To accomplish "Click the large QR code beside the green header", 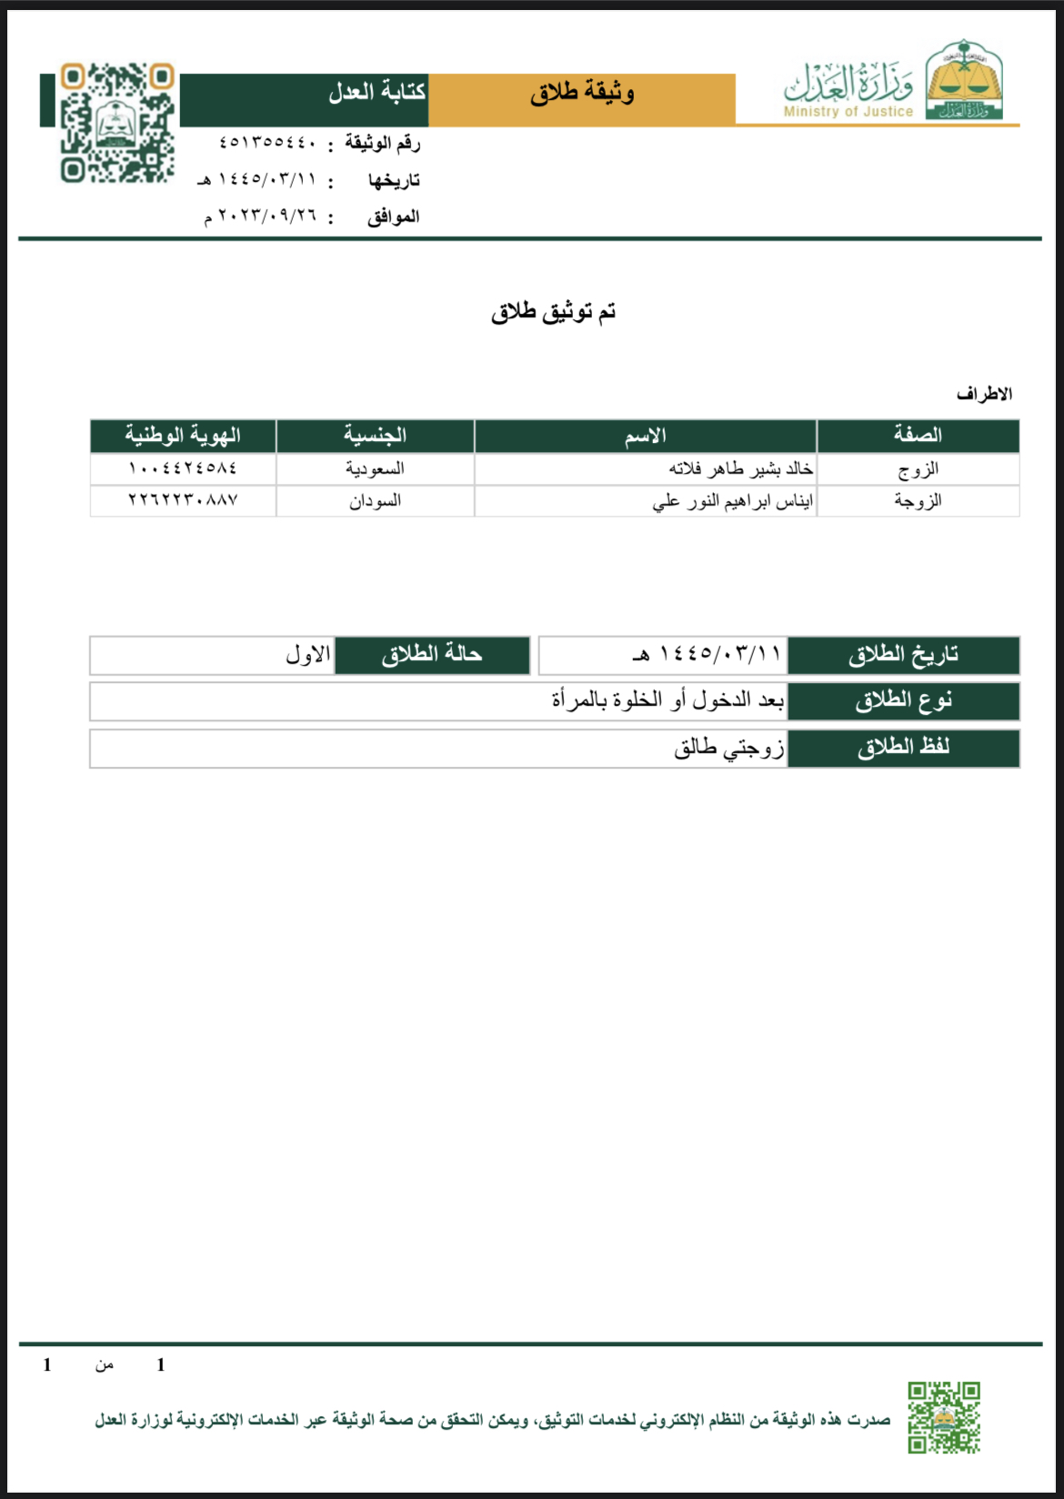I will click(x=117, y=123).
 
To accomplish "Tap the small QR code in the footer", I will click(x=943, y=1417).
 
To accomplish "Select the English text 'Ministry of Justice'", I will click(x=848, y=112).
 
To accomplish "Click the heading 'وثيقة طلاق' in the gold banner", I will click(x=582, y=93).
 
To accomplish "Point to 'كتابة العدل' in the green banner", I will click(x=376, y=92).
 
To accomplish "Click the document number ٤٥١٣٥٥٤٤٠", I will click(x=267, y=143).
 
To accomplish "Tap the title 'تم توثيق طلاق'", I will click(x=553, y=312).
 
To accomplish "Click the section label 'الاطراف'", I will click(x=984, y=394).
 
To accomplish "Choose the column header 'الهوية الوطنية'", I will click(x=183, y=436).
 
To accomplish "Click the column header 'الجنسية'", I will click(x=375, y=436).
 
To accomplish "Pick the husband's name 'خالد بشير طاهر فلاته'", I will click(x=740, y=468).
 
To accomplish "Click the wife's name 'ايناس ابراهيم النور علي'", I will click(x=732, y=501).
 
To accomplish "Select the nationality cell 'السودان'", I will click(x=375, y=501).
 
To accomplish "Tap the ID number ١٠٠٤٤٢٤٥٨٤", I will click(x=183, y=468).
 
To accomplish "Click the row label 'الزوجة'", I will click(x=918, y=501).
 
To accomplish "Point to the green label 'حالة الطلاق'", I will click(x=432, y=655).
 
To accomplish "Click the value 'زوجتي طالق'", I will click(x=728, y=749).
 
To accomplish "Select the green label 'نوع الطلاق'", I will click(x=903, y=701).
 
